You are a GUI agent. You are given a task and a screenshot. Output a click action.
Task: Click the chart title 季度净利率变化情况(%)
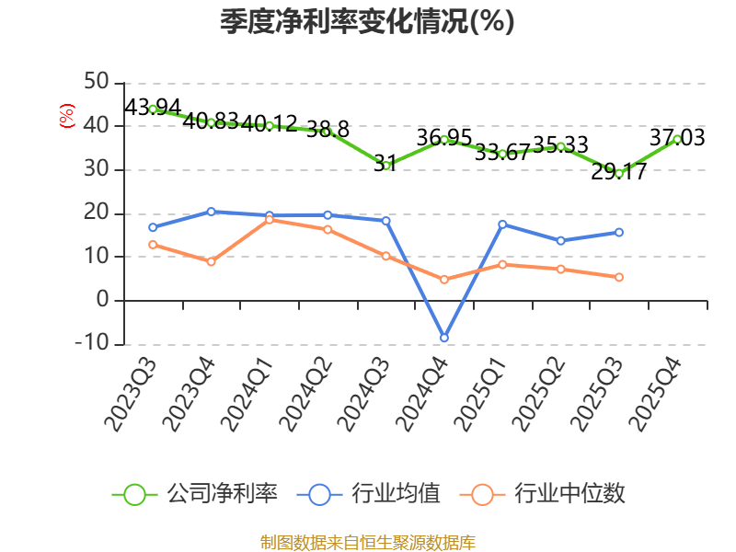click(367, 21)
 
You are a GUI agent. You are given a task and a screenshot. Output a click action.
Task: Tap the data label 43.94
click(153, 107)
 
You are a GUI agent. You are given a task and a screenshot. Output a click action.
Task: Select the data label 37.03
click(677, 137)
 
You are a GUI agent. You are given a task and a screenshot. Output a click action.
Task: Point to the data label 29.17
click(618, 171)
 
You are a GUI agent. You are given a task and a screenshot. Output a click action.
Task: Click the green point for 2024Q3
click(385, 165)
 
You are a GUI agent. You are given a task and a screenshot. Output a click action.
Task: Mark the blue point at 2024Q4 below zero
click(444, 338)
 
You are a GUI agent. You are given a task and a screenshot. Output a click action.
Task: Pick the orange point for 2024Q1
click(270, 220)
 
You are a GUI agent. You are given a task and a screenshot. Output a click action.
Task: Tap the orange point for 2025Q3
click(619, 278)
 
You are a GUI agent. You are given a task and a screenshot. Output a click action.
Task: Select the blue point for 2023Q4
click(212, 212)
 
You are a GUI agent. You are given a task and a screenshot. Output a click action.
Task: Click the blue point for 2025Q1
click(502, 224)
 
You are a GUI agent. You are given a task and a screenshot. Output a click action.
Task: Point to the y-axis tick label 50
click(97, 81)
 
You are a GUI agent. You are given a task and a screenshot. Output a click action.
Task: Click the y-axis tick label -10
click(92, 342)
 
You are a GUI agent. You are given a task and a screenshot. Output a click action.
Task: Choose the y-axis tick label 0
click(103, 299)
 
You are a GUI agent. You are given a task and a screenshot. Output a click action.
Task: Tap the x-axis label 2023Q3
click(130, 395)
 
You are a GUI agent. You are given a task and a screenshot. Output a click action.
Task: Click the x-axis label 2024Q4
click(421, 395)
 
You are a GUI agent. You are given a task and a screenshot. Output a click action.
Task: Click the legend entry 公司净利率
click(195, 494)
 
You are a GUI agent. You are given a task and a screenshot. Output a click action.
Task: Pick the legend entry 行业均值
click(369, 494)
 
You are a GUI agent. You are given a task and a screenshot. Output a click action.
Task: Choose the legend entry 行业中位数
click(543, 494)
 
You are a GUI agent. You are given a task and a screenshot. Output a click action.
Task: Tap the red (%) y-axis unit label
click(67, 116)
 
